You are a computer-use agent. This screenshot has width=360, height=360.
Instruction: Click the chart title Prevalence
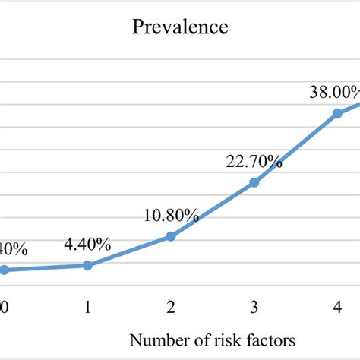[180, 28]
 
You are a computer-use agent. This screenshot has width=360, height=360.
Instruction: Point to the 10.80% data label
[171, 216]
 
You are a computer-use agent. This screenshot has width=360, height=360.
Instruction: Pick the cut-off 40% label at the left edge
[13, 248]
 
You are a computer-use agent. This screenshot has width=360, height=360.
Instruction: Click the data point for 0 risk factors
[4, 270]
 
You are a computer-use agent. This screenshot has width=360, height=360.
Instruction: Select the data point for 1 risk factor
[87, 265]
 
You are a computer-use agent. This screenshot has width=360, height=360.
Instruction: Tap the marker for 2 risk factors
[171, 237]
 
